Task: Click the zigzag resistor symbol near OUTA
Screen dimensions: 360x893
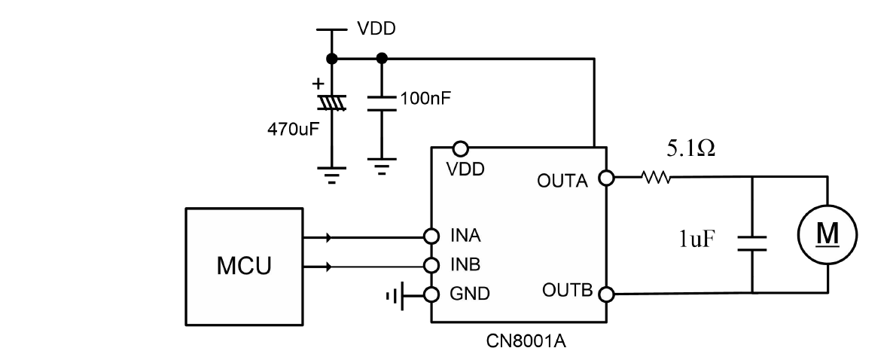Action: point(655,178)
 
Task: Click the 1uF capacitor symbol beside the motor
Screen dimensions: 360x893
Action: point(751,241)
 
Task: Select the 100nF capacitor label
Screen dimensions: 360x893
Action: point(427,98)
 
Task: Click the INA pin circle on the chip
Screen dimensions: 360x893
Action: point(431,236)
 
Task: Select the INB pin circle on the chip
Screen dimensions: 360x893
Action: point(431,265)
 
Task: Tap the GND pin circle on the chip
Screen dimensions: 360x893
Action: point(431,294)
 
